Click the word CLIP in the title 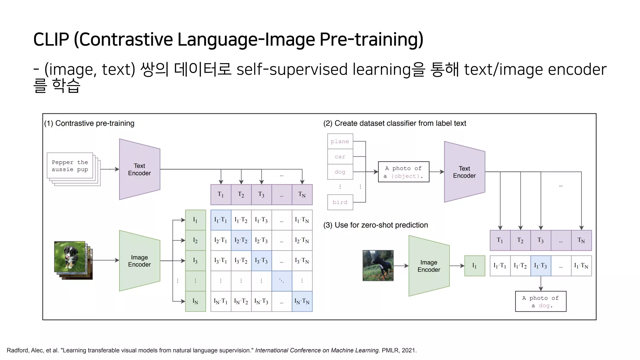[51, 40]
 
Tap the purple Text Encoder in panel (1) [139, 169]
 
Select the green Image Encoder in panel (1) [139, 261]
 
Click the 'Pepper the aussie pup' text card [70, 166]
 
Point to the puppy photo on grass [70, 257]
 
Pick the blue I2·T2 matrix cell [241, 240]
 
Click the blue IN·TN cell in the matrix [302, 302]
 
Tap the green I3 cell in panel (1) [195, 261]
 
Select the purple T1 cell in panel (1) [221, 194]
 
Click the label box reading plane [340, 142]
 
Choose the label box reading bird [340, 202]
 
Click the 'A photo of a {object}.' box [403, 172]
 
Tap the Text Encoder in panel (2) [464, 172]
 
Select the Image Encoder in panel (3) [429, 266]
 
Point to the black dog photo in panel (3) [378, 265]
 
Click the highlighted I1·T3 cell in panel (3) [541, 266]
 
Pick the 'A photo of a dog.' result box [541, 302]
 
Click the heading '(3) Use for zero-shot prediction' [376, 225]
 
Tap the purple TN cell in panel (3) [581, 240]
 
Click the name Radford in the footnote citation [17, 350]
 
